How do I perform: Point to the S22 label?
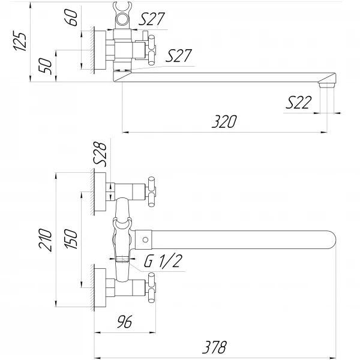pyautogui.click(x=298, y=103)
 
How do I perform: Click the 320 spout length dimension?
pyautogui.click(x=224, y=121)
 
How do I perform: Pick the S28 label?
pyautogui.click(x=100, y=154)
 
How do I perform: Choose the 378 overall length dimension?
pyautogui.click(x=214, y=346)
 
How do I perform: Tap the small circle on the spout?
pyautogui.click(x=145, y=240)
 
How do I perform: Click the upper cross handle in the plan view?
pyautogui.click(x=152, y=191)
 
